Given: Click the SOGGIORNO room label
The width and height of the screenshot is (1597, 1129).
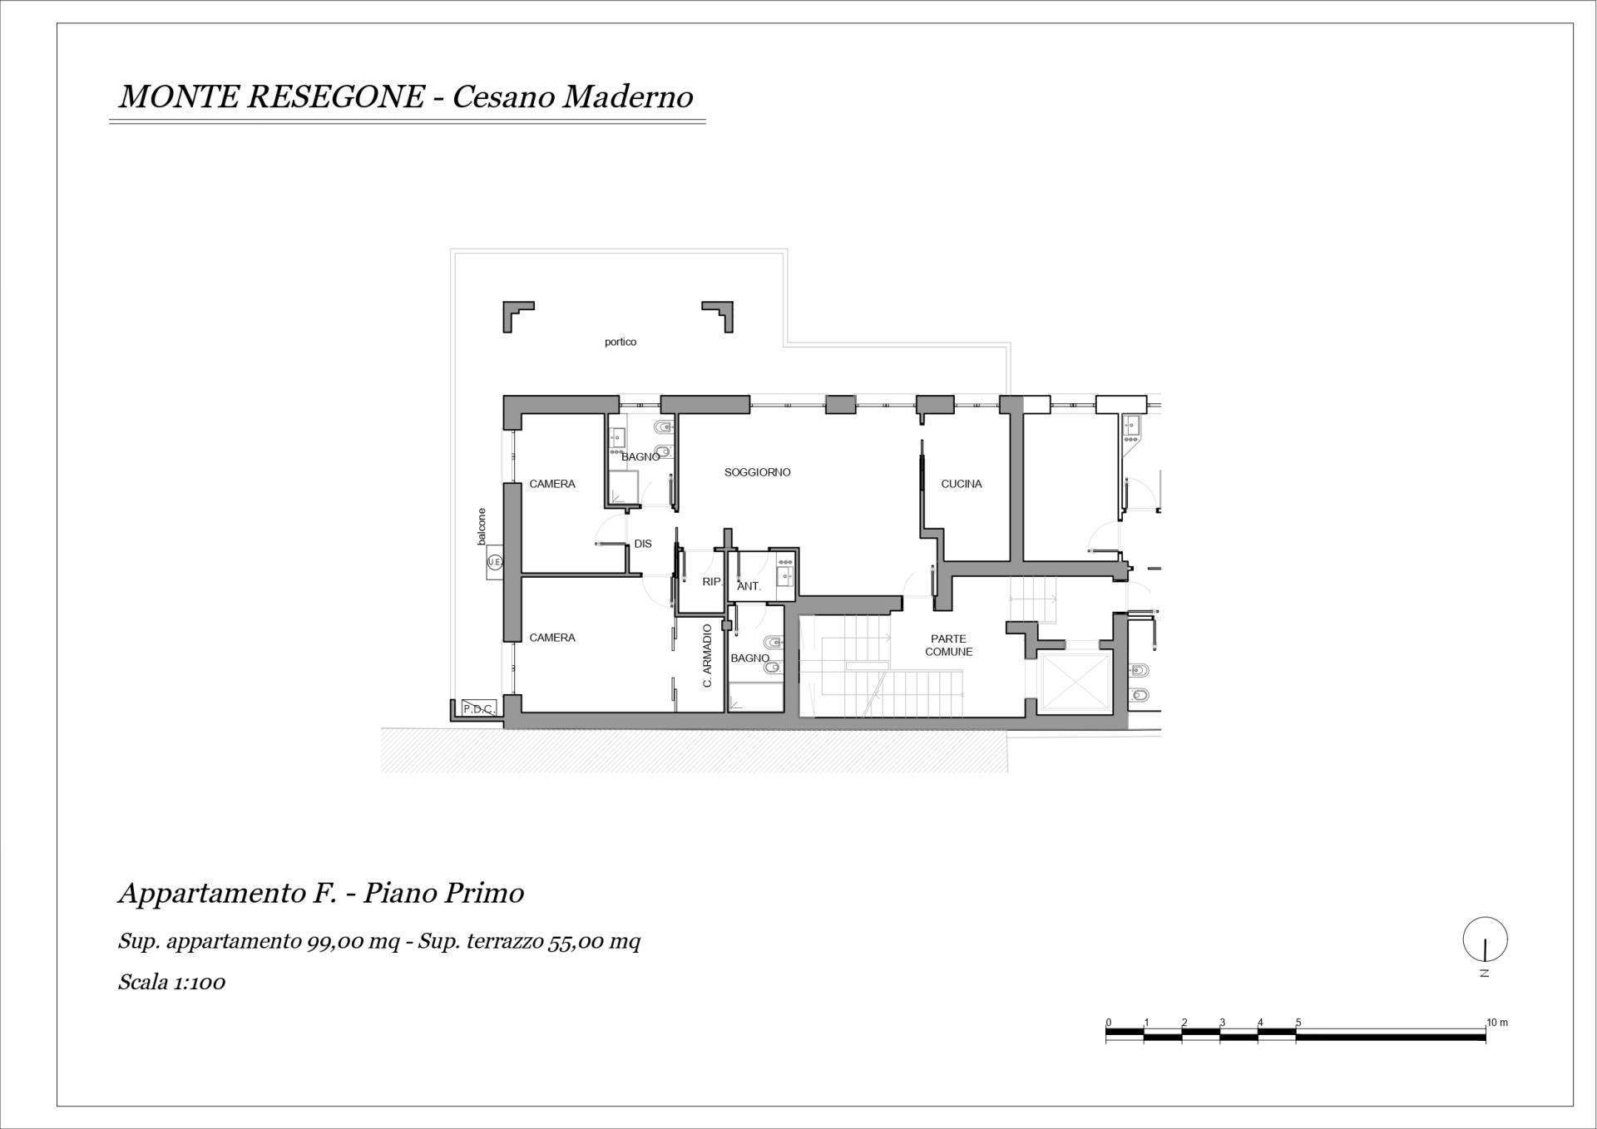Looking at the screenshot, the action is [757, 472].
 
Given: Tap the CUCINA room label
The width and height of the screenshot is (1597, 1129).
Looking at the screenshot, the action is [962, 484].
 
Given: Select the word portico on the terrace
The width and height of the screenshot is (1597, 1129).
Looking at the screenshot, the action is [621, 342].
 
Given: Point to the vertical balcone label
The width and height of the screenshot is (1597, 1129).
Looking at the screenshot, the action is [482, 526].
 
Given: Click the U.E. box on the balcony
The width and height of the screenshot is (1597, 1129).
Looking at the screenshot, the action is [495, 563].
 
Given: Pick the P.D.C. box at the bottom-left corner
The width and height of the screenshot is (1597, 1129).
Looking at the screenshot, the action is [478, 708].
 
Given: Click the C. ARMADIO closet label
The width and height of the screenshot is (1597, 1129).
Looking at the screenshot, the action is [708, 656].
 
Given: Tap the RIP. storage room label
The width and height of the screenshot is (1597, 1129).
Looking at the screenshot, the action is [711, 582].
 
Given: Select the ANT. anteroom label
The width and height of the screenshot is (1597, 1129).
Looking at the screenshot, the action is [749, 586].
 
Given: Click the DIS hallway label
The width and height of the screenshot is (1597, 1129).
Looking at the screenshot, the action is [643, 544].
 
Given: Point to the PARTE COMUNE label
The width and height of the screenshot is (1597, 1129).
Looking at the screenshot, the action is [949, 645].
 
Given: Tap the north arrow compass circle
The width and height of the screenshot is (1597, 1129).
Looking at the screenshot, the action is [1486, 939].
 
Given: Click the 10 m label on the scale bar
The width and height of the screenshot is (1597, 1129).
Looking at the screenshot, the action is [1497, 1023].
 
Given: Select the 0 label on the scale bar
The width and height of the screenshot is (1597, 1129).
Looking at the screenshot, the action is [1109, 1023].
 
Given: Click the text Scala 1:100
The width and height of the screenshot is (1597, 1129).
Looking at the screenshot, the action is [172, 982].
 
